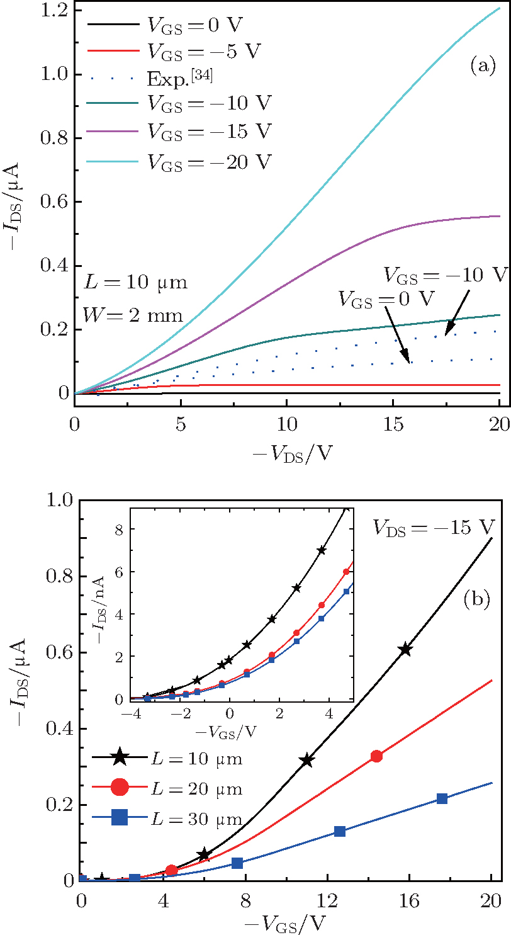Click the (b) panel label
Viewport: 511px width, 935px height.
point(477,599)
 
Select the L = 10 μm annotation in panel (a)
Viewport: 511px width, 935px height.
point(135,283)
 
